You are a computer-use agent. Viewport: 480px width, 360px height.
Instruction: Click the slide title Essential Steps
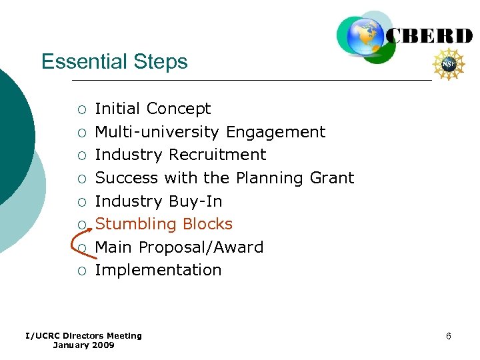114,62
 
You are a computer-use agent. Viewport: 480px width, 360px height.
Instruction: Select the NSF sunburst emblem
449,65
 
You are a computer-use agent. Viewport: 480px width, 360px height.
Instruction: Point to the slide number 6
449,336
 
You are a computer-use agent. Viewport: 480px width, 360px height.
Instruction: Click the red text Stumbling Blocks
163,224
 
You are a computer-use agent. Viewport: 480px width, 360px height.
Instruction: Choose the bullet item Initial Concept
153,109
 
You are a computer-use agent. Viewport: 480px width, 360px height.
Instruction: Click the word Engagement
275,132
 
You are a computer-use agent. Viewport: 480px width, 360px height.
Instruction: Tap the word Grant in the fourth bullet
332,178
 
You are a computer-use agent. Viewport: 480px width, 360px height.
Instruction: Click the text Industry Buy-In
158,201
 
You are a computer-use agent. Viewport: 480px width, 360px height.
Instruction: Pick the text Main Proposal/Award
179,247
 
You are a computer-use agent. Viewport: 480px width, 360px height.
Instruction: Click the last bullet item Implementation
158,270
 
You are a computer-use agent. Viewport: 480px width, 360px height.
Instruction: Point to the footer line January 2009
83,345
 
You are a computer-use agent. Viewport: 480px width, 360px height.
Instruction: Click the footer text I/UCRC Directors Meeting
83,335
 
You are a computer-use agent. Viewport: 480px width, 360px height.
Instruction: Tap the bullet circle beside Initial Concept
81,109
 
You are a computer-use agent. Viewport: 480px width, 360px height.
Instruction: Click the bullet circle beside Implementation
81,271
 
